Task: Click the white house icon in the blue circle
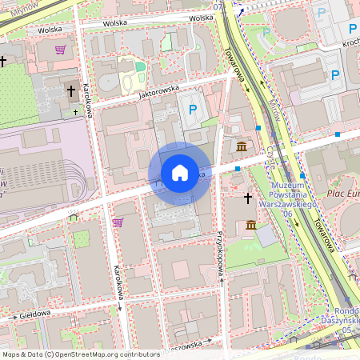point(180,173)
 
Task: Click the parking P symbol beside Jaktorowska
point(192,110)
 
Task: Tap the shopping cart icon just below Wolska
point(60,50)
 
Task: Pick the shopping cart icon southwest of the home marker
point(118,222)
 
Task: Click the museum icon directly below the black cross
point(251,225)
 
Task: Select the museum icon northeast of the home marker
point(242,146)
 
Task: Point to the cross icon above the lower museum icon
point(248,197)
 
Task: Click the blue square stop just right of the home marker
point(238,169)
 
